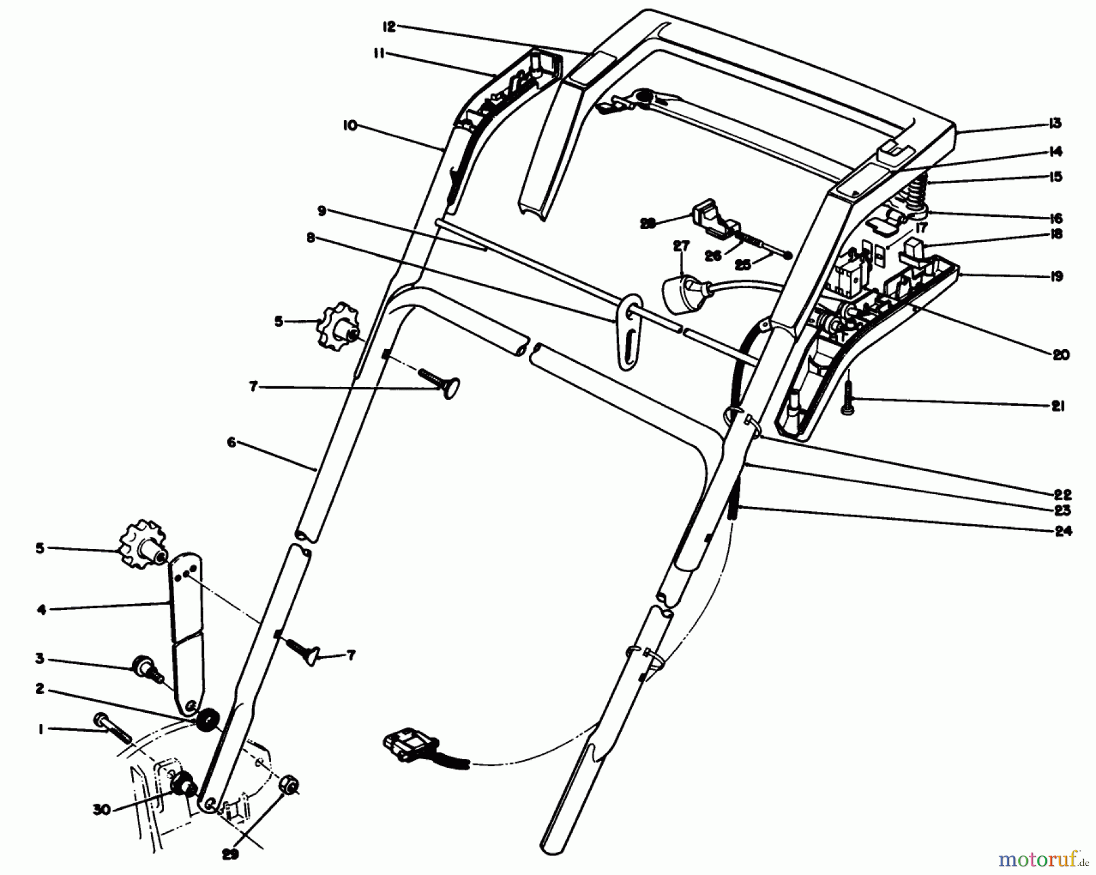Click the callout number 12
[x=389, y=27]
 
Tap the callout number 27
[x=681, y=247]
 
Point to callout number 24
[x=1063, y=531]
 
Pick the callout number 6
[x=231, y=443]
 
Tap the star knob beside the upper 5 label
[x=337, y=322]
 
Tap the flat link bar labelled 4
[x=187, y=634]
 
